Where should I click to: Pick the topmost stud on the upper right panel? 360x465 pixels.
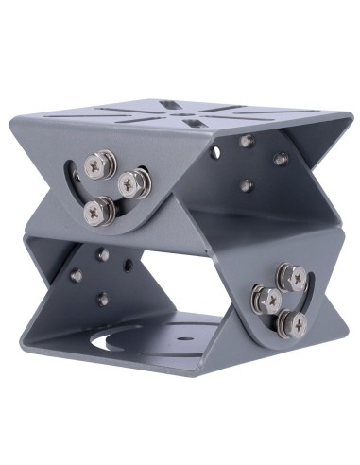tap(247, 141)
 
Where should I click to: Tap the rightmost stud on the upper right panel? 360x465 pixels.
tap(280, 159)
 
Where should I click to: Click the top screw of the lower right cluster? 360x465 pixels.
tap(292, 277)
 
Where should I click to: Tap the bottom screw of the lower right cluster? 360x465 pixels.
tap(298, 324)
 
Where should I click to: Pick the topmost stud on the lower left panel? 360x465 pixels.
tap(101, 254)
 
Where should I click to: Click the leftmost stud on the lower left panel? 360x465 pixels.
tap(75, 275)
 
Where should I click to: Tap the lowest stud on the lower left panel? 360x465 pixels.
tap(102, 299)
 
